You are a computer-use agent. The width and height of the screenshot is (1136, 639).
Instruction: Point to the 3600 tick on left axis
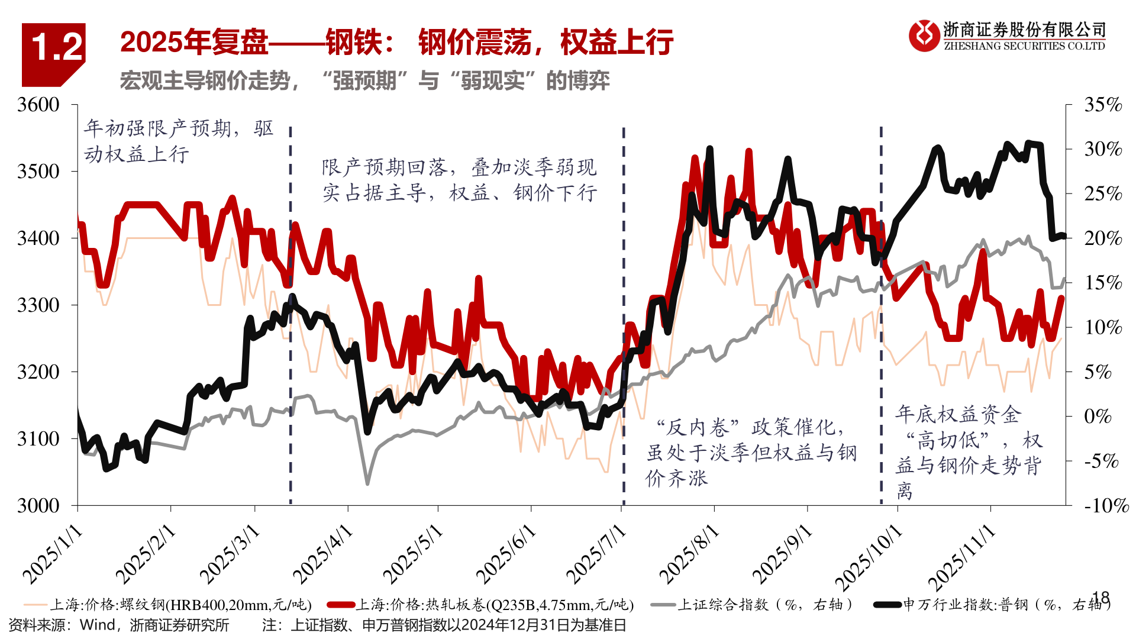[38, 105]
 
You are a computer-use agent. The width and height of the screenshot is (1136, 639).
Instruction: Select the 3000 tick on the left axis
[38, 505]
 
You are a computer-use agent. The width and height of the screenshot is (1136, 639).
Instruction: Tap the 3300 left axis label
[38, 305]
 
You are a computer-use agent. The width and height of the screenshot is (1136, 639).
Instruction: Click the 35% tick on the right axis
[1103, 105]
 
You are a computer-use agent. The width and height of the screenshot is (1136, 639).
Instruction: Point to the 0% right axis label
[1098, 416]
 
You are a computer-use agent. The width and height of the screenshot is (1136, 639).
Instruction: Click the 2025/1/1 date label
[53, 554]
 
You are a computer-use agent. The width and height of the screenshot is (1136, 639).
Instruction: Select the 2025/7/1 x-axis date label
[596, 554]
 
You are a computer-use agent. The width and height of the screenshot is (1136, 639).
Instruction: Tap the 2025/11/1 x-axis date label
[962, 557]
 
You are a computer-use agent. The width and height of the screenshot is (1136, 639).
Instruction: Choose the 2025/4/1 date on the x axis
[323, 554]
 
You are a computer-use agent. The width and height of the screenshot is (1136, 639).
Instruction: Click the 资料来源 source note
[119, 625]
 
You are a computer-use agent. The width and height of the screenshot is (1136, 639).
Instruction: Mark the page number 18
[1100, 598]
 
